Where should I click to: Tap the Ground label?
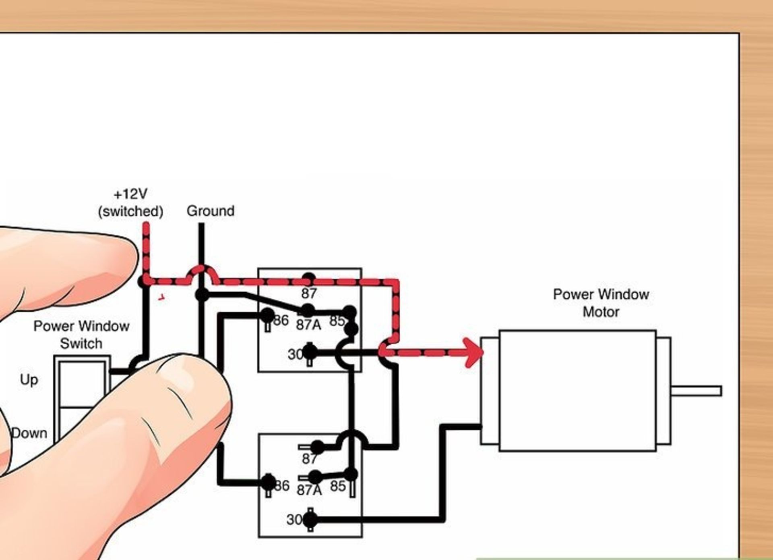pos(211,211)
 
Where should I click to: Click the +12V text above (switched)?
pos(130,194)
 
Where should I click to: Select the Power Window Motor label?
pos(601,303)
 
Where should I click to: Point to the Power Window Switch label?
pos(81,335)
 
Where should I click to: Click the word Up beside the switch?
pos(29,380)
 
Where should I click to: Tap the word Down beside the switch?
pos(29,433)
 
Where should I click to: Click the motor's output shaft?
pos(696,391)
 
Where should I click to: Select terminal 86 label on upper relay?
pos(281,321)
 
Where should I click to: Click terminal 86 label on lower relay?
pos(282,486)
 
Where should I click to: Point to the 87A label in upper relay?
pos(309,325)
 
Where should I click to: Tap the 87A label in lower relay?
pos(309,490)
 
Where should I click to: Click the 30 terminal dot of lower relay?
pos(310,520)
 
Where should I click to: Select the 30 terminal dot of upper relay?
pos(310,353)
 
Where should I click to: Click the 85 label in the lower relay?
pos(338,486)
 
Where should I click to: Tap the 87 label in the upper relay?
pos(309,294)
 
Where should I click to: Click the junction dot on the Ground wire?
pos(202,295)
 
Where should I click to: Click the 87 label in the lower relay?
pos(310,459)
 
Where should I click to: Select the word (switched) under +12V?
pos(130,211)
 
